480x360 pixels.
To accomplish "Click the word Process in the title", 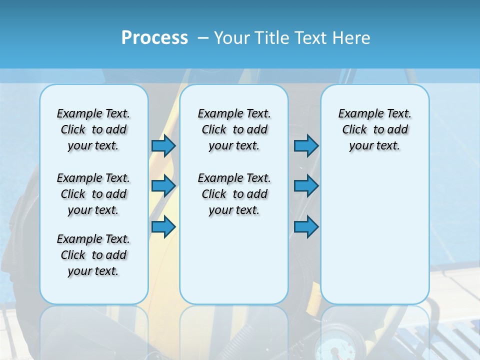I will [154, 37].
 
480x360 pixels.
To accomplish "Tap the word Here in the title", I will [352, 37].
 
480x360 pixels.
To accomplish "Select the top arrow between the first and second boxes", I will [163, 145].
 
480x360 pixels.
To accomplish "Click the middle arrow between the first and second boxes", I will [163, 186].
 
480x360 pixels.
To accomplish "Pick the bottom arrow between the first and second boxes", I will [163, 227].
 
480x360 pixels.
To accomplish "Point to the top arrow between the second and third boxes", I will [306, 145].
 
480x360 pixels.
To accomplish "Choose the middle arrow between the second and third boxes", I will [306, 186].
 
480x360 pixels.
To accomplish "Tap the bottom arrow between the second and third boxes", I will [306, 227].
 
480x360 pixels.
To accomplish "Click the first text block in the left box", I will [93, 129].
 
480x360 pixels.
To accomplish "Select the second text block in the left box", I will [93, 194].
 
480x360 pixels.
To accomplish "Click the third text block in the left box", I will [93, 255].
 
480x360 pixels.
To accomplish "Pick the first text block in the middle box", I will [234, 129].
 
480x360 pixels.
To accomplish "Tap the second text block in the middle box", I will [234, 194].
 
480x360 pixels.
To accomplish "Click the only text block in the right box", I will [374, 129].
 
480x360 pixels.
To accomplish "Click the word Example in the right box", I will [357, 114].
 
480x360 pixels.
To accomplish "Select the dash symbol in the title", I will [203, 37].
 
